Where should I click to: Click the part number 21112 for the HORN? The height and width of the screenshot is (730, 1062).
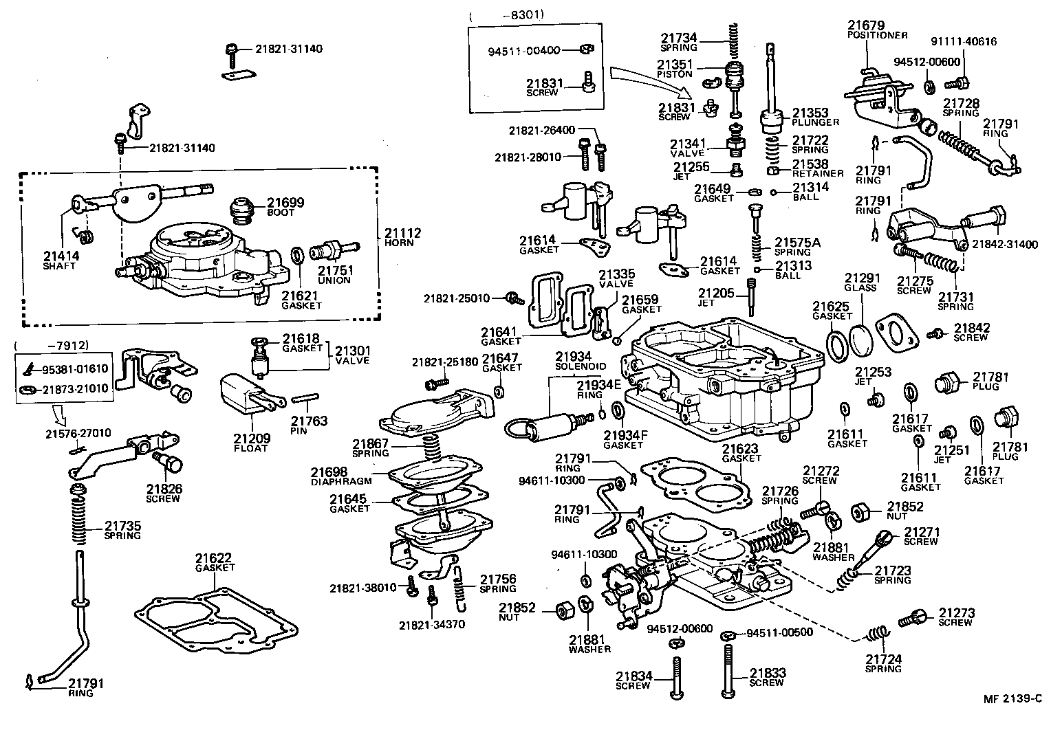(402, 234)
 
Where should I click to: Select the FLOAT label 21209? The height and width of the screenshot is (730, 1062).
(251, 439)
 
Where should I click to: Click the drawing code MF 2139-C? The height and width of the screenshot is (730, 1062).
(1012, 699)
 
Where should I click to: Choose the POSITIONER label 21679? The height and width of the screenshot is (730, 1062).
(866, 25)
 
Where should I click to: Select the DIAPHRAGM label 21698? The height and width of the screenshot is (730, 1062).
(329, 472)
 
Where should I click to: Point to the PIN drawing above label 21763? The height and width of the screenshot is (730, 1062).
(303, 399)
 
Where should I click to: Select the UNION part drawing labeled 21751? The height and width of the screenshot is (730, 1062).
(334, 250)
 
